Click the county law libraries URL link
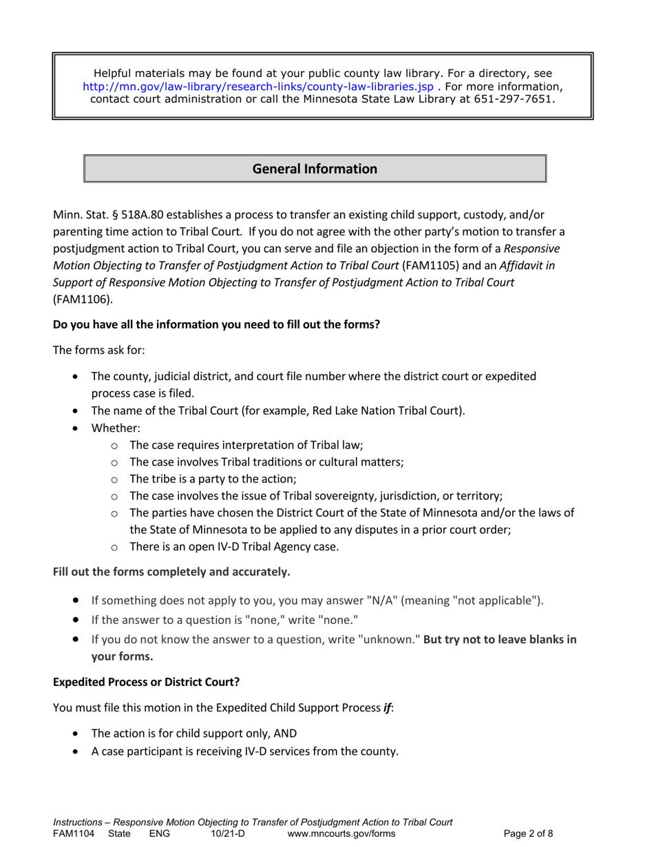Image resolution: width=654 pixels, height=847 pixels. click(x=258, y=87)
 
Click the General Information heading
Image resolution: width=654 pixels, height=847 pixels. click(x=315, y=169)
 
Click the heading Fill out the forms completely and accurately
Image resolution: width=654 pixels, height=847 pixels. click(x=171, y=572)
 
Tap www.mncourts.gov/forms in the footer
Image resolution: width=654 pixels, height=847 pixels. click(x=341, y=833)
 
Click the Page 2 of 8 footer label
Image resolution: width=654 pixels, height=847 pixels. click(x=528, y=833)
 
